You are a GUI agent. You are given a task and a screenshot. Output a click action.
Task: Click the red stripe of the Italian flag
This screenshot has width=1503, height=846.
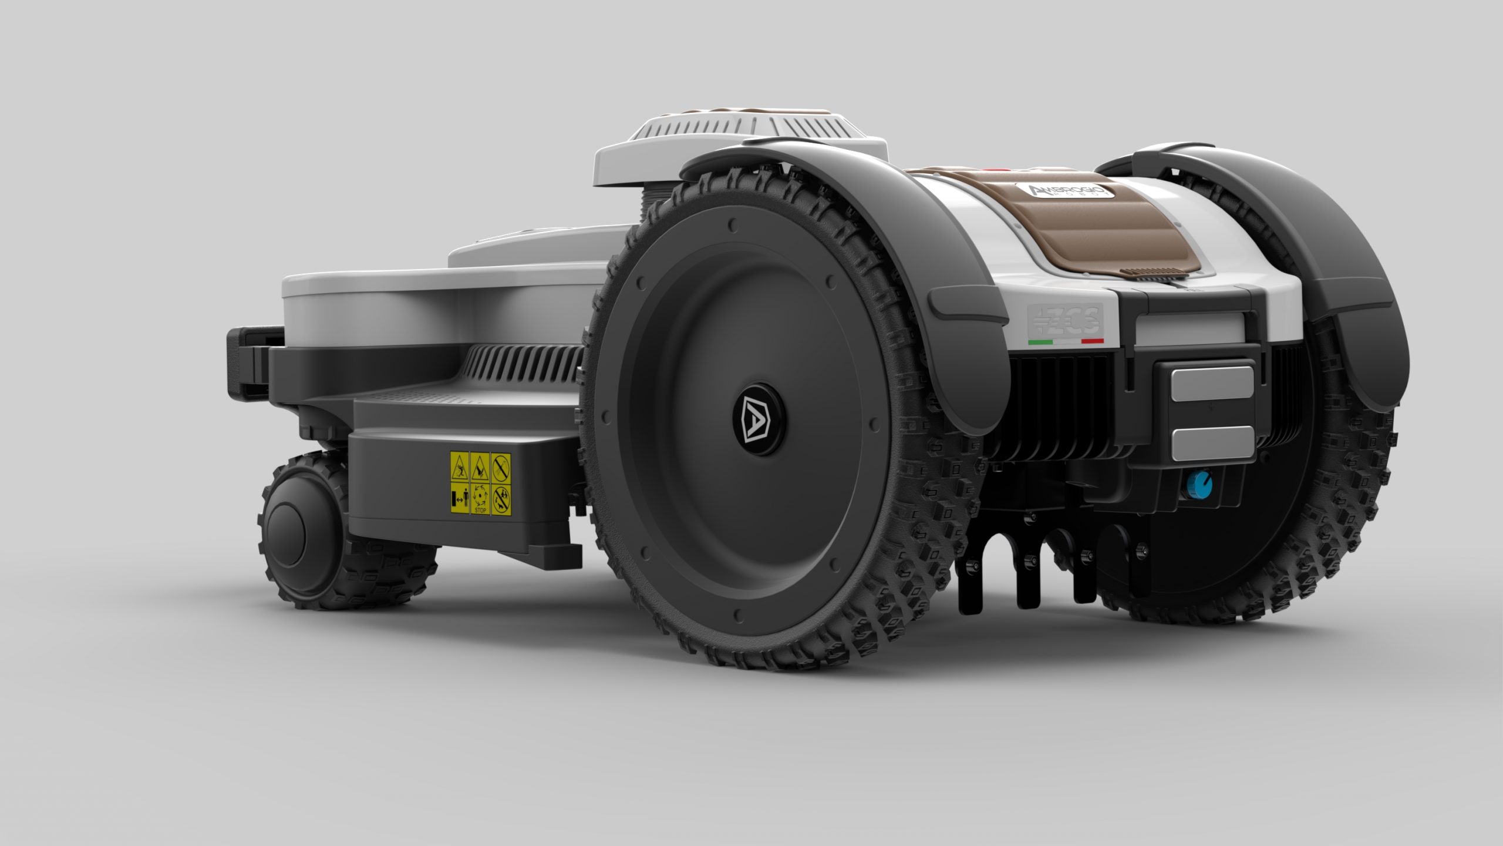1093,341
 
